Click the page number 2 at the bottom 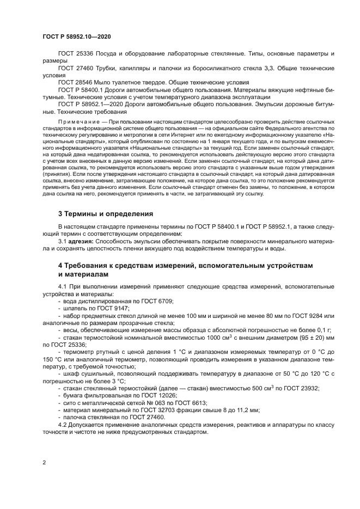click(x=44, y=463)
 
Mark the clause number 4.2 click(x=63, y=424)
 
